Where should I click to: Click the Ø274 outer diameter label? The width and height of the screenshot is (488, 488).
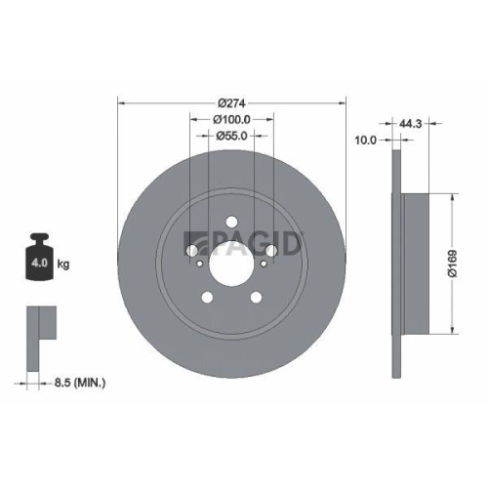(231, 103)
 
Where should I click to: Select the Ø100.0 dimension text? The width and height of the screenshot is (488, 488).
(231, 119)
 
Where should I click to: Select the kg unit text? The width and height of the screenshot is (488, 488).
(62, 264)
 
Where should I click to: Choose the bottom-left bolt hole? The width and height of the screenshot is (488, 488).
(207, 299)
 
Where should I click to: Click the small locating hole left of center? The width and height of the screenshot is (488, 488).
(200, 262)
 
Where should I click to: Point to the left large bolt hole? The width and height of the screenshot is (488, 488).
(191, 252)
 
